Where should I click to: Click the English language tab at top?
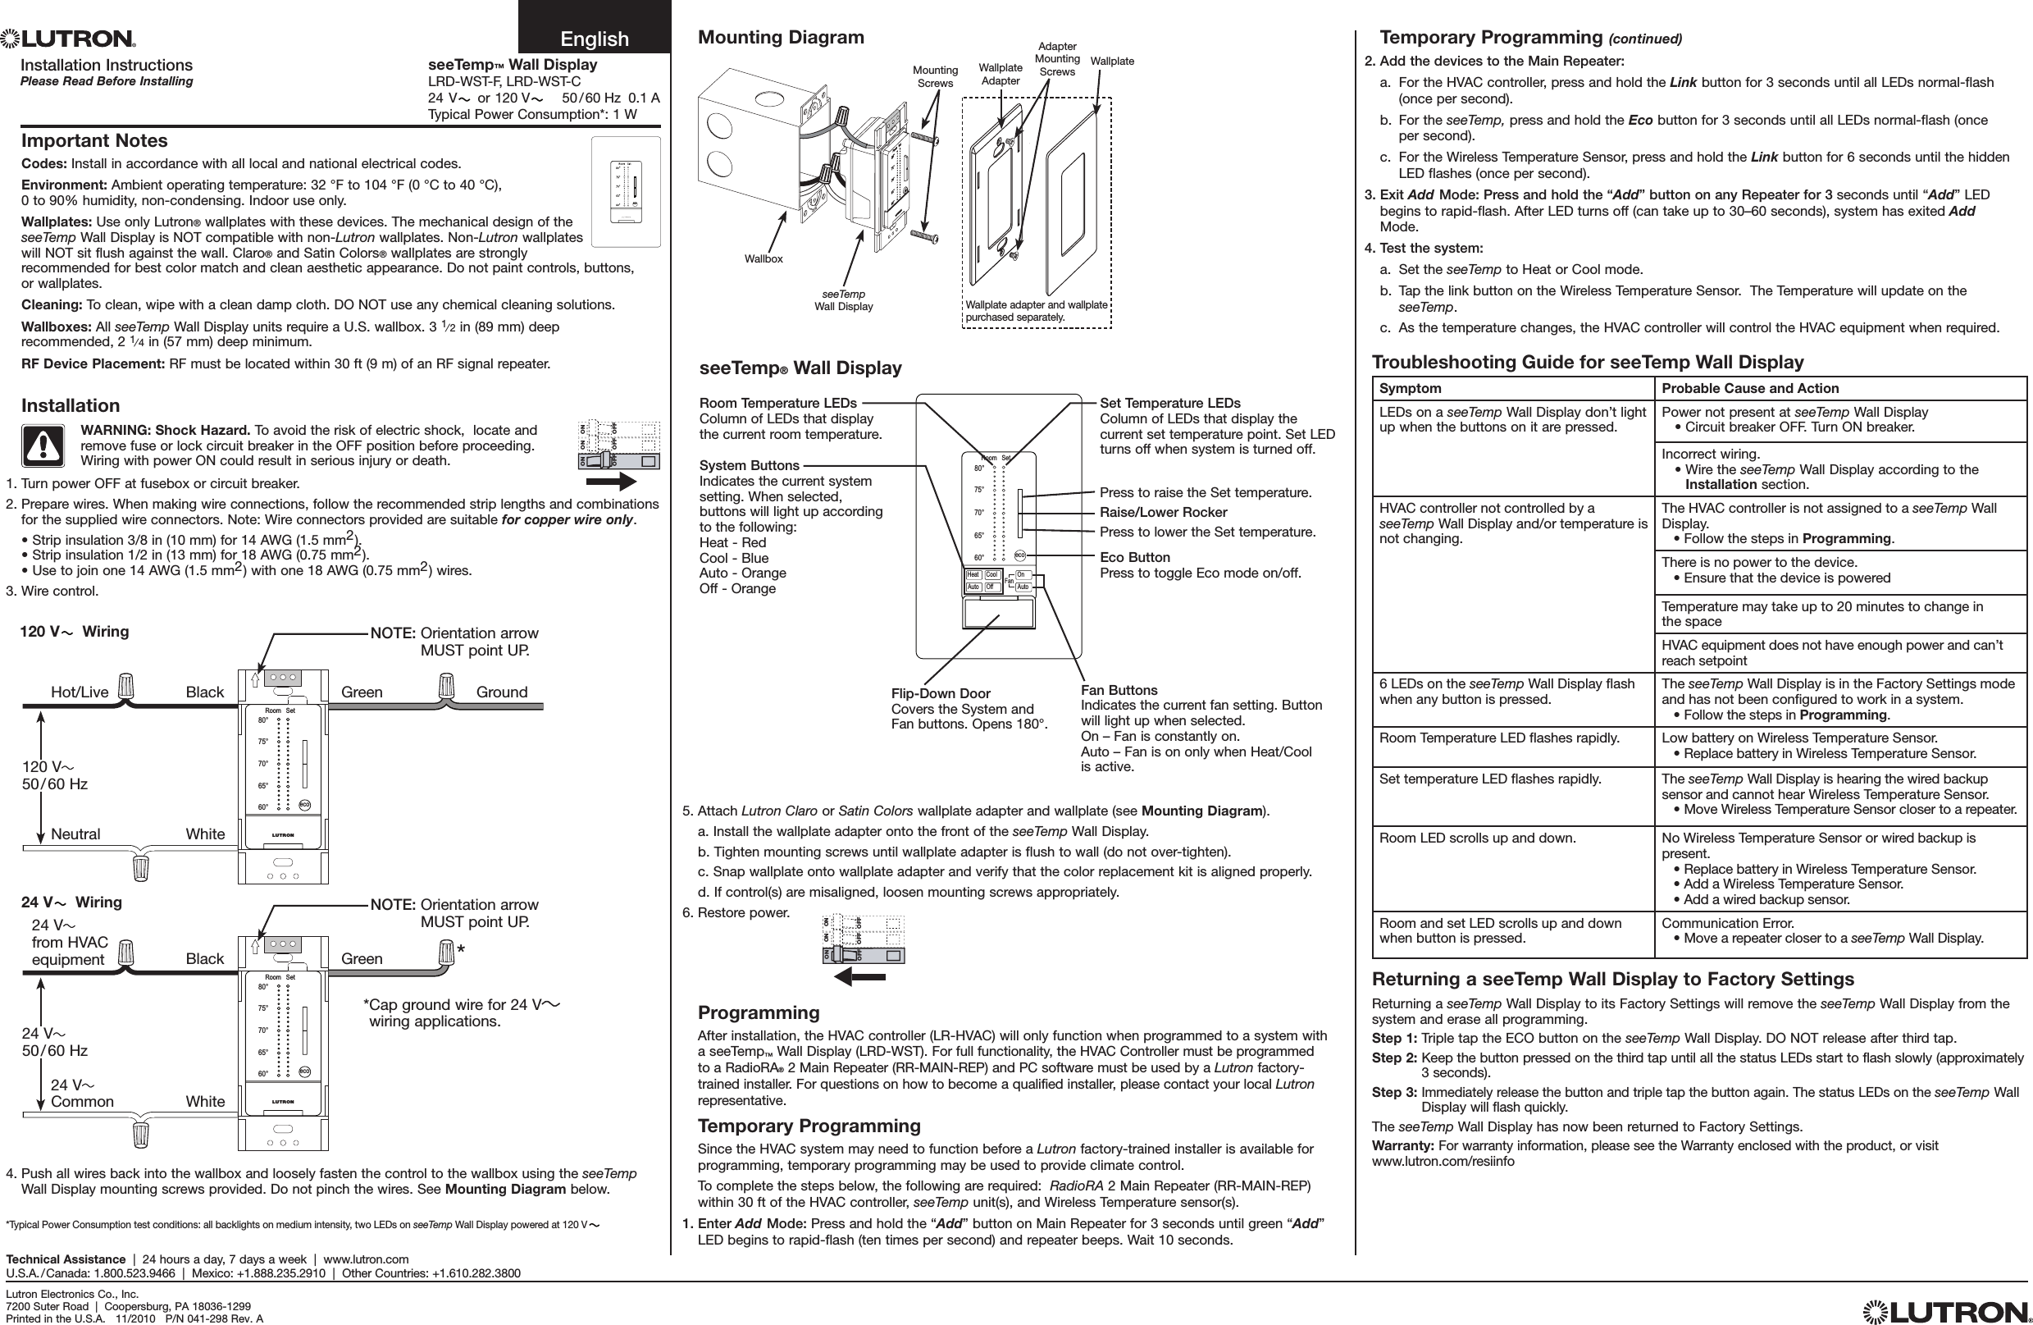tap(594, 39)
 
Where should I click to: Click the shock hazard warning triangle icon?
tap(43, 445)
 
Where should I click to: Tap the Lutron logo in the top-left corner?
tap(69, 39)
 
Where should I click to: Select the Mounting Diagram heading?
tap(781, 38)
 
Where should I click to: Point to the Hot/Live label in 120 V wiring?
tap(80, 692)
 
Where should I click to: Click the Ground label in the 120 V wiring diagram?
tap(501, 692)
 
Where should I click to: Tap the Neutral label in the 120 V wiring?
tap(75, 834)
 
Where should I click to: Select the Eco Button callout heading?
tap(1134, 557)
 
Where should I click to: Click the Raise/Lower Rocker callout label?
tap(1163, 512)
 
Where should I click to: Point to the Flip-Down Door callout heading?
tap(941, 694)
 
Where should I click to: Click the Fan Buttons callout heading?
tap(1119, 689)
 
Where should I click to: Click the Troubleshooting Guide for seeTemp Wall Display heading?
tap(1587, 362)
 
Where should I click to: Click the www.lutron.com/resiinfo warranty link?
tap(1443, 1161)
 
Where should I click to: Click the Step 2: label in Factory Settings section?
tap(1394, 1058)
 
